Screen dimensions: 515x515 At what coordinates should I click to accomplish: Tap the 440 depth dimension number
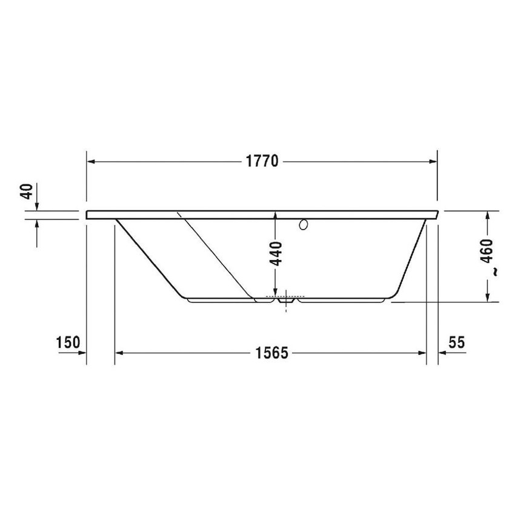pyautogui.click(x=276, y=254)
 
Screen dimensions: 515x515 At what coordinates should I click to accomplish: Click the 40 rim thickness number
pyautogui.click(x=26, y=192)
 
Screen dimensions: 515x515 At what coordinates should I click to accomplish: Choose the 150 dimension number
pyautogui.click(x=68, y=342)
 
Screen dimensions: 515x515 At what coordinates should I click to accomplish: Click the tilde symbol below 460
pyautogui.click(x=495, y=273)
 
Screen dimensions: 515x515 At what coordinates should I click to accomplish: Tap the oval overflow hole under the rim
pyautogui.click(x=304, y=225)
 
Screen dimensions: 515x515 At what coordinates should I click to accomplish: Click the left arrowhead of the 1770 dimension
pyautogui.click(x=91, y=162)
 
